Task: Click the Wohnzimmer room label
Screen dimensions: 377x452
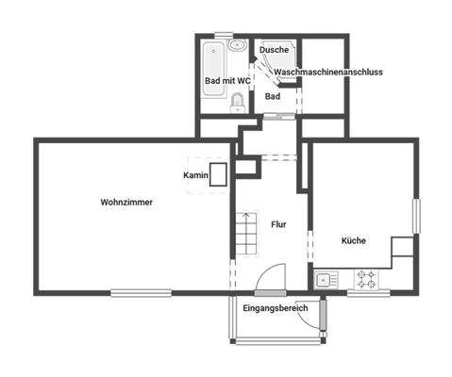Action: pos(126,202)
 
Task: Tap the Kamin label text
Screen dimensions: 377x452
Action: pos(195,175)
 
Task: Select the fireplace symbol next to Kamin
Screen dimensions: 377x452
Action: pos(219,174)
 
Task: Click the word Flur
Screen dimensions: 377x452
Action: pos(278,224)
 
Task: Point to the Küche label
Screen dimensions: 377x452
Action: pos(353,240)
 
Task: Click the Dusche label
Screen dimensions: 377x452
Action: pos(274,49)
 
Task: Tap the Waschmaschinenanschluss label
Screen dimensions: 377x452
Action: pos(327,72)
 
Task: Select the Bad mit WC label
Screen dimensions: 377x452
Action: pos(227,81)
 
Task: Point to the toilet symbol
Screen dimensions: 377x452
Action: pos(238,104)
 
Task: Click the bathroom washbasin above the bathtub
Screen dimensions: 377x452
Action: pos(237,45)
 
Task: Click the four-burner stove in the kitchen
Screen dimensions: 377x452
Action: pos(367,279)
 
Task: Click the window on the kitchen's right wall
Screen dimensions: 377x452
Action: pos(414,216)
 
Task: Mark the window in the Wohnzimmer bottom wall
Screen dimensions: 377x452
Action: pos(141,292)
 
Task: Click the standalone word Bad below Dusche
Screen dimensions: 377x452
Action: pos(273,96)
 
